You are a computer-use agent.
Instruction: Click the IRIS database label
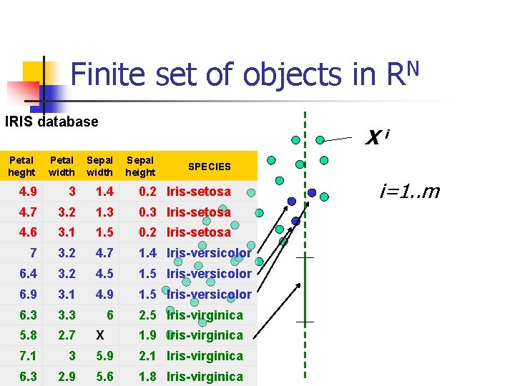coord(51,122)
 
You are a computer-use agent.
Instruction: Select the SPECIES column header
coord(209,166)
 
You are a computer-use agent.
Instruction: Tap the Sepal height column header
coord(139,166)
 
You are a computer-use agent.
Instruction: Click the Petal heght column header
coord(21,166)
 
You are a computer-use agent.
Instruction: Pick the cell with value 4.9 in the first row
coord(29,192)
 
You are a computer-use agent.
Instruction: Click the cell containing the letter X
coord(99,335)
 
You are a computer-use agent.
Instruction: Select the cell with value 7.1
coord(29,356)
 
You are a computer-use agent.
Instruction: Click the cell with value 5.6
coord(105,377)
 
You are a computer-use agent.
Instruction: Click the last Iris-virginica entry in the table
coord(205,377)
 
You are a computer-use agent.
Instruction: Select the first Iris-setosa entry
coord(199,192)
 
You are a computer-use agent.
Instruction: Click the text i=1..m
coord(410,192)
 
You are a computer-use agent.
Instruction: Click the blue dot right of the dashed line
coord(312,192)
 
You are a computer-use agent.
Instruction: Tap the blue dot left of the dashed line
coord(291,201)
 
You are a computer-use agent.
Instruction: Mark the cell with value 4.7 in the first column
coord(29,212)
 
